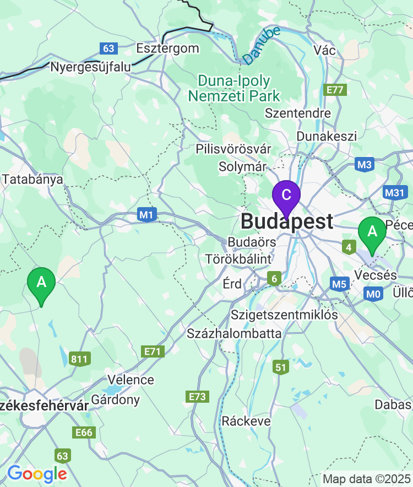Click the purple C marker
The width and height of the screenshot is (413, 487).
(286, 196)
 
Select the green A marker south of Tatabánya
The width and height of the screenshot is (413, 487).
(41, 283)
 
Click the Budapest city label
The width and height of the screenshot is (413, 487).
(287, 221)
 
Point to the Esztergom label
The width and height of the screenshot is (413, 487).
(167, 48)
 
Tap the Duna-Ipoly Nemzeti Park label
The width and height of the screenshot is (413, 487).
(234, 89)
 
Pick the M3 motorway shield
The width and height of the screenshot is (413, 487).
(365, 164)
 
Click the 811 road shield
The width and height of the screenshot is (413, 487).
(79, 360)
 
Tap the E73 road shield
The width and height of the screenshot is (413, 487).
(197, 397)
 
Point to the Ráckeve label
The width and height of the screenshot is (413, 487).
(246, 421)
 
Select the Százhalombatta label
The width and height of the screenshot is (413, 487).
(234, 333)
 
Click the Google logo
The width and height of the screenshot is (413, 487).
(37, 473)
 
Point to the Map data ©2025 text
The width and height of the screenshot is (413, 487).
(366, 479)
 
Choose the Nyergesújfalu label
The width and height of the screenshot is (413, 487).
(91, 67)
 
